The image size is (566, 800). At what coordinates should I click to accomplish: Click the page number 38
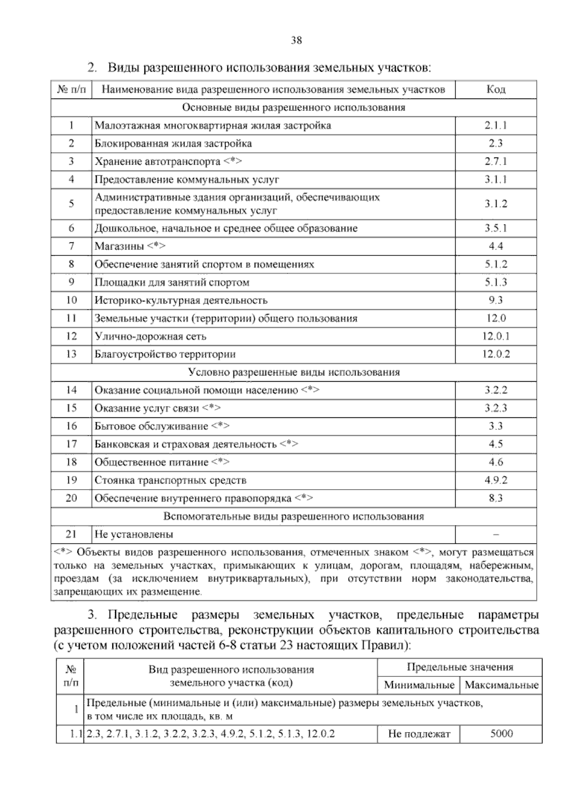point(296,40)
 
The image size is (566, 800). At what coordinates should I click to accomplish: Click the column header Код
point(496,90)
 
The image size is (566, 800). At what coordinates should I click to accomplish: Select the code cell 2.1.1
point(496,125)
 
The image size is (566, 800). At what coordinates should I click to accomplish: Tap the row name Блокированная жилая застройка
point(173,143)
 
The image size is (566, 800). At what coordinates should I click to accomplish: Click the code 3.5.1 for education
point(496,228)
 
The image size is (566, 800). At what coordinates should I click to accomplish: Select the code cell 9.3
point(496,300)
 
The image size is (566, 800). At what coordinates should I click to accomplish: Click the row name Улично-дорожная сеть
point(150,336)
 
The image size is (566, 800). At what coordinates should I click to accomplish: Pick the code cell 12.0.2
point(496,354)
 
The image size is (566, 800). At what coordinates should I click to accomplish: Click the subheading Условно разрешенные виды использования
point(293,372)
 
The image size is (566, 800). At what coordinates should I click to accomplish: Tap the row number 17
point(71,444)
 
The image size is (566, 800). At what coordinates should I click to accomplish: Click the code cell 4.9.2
point(496,480)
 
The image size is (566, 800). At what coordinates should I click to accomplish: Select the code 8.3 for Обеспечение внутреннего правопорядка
point(496,498)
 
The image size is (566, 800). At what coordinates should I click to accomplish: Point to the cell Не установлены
point(134,534)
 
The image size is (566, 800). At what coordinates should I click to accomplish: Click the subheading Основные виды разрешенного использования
point(293,108)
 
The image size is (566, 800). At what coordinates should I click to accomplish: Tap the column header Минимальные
point(419,685)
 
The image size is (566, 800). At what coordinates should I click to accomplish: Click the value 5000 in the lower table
point(501,733)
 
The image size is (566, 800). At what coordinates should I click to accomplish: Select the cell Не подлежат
point(419,733)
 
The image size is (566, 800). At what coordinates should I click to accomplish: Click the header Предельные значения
point(459,667)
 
